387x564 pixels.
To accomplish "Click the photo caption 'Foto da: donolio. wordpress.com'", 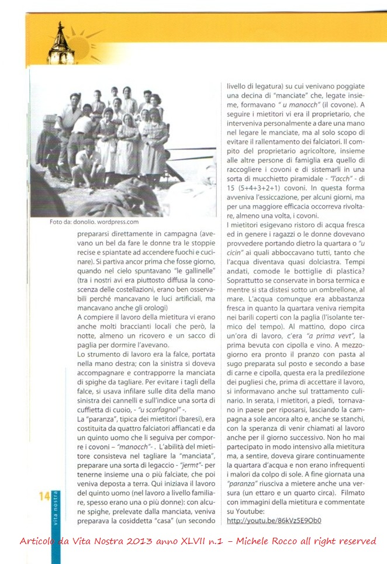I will (94, 222).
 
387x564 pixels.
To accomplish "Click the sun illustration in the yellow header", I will (82, 44).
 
